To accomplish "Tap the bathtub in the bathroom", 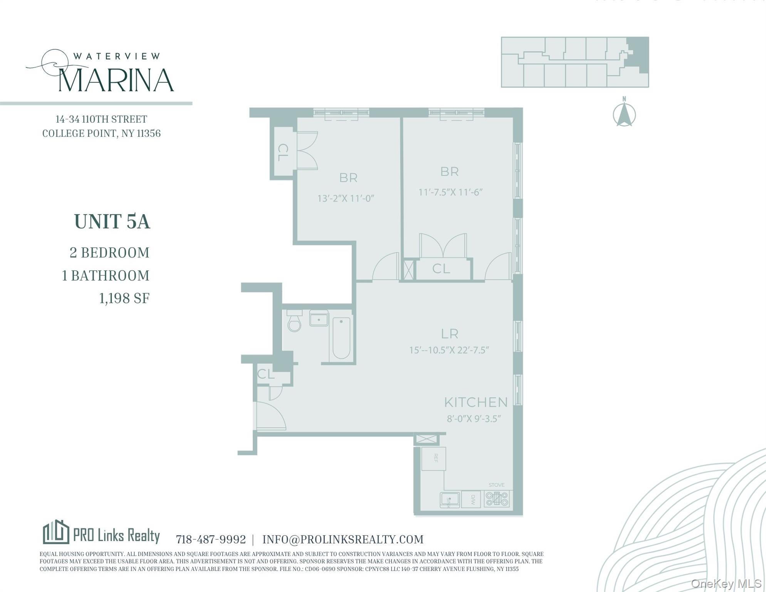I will point(341,338).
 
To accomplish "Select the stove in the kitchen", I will point(497,499).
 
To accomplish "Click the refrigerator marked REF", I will point(433,458).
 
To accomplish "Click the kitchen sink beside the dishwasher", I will point(450,499).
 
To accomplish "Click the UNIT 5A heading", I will point(112,222).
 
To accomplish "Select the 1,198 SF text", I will point(124,298).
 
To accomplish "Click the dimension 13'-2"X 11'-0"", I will point(346,198).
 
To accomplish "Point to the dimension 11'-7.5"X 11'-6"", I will point(450,192).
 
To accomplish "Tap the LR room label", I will point(449,333).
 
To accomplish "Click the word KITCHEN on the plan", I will point(476,402).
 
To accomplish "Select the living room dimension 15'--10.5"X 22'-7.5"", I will point(449,350).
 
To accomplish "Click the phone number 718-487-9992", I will point(210,539).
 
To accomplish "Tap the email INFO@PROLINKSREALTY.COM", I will point(343,539).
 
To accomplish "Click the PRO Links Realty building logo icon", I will point(56,532).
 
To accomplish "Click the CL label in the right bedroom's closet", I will point(441,269).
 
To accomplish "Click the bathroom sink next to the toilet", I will point(319,319).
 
